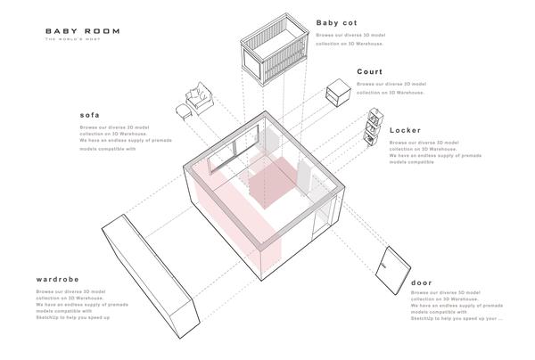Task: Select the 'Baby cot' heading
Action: coord(337,23)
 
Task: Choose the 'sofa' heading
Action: coord(89,115)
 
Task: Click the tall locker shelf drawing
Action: coord(374,127)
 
